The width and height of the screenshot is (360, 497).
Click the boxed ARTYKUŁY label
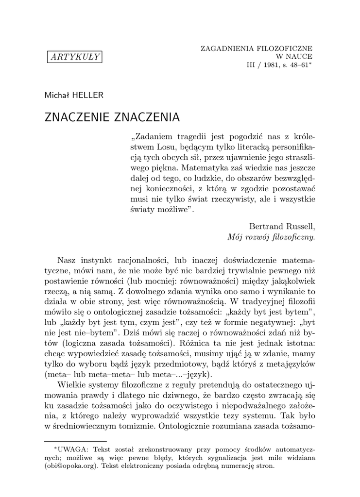pos(74,57)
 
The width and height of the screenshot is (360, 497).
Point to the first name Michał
pos(57,95)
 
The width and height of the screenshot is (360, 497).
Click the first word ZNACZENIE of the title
pos(77,117)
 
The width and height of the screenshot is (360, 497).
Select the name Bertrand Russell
pos(282,227)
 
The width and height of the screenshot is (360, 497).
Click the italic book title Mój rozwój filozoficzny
pos(271,237)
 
